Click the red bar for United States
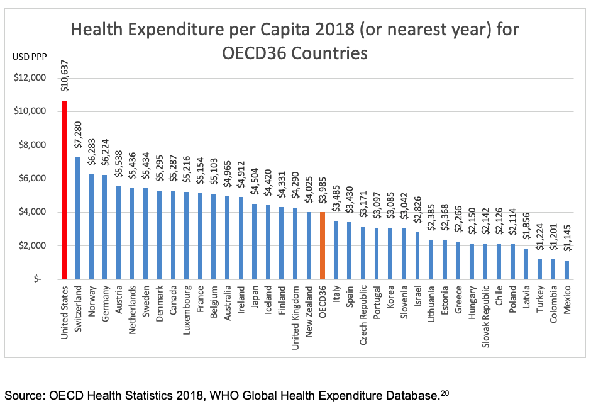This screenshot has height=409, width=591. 64,189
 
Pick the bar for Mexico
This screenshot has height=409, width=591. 568,269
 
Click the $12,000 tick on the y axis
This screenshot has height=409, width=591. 30,78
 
